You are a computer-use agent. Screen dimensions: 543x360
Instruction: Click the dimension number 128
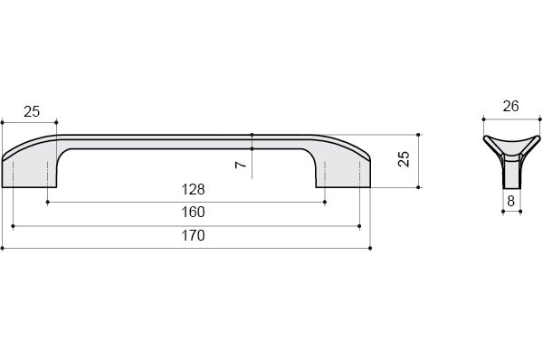click(194, 189)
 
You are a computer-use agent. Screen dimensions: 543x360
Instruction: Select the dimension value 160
click(194, 212)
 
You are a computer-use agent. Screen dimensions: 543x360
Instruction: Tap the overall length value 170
click(194, 235)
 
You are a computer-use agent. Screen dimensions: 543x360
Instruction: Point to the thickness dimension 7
click(241, 165)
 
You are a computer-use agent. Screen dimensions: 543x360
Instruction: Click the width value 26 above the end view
click(510, 106)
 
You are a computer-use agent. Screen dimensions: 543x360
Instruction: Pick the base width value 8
click(511, 201)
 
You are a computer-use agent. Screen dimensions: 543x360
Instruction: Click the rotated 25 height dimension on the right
click(404, 159)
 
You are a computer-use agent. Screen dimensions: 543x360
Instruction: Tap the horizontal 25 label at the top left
click(32, 111)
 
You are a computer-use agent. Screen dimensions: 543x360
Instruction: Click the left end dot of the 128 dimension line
click(47, 202)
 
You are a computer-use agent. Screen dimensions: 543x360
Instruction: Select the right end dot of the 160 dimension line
click(359, 226)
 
